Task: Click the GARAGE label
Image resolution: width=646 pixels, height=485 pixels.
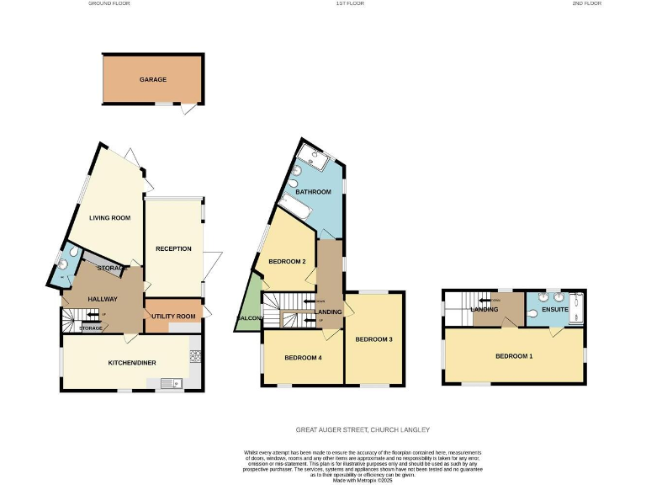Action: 152,80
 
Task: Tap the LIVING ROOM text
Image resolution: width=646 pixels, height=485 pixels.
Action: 110,218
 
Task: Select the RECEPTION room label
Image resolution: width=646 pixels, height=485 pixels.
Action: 174,248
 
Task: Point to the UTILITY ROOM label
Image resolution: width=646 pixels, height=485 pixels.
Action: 173,316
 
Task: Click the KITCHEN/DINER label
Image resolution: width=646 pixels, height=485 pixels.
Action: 132,363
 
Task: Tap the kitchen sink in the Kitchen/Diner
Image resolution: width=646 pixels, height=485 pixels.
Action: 171,384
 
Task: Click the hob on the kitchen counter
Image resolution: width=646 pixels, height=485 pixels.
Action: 196,356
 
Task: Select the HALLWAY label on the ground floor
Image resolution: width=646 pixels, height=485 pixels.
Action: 103,299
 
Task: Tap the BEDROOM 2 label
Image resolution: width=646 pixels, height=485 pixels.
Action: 286,261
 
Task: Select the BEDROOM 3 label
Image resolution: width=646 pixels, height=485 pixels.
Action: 373,339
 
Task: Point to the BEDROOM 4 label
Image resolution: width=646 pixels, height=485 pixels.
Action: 303,358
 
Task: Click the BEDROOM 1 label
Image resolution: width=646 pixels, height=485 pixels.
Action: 514,356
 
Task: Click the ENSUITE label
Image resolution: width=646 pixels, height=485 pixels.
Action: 555,309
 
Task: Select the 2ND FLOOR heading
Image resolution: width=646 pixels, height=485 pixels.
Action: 588,3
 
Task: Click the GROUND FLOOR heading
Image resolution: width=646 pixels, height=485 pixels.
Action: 109,3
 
